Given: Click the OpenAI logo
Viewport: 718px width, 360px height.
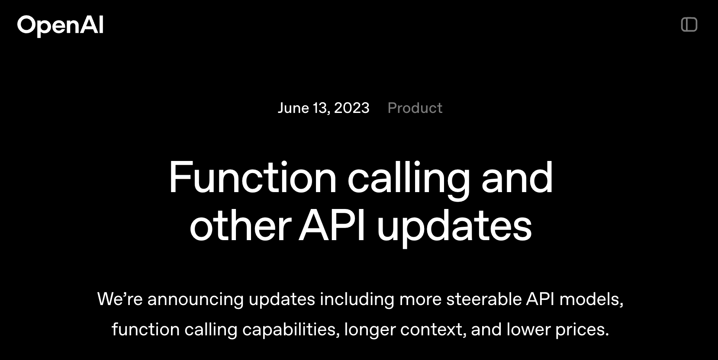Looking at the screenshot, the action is click(60, 26).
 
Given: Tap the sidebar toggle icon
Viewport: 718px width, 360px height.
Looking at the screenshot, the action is click(689, 25).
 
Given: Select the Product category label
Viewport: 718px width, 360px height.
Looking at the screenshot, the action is click(415, 108).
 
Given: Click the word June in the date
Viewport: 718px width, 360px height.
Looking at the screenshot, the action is click(293, 108).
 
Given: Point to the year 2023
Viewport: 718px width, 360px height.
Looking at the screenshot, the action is click(351, 108).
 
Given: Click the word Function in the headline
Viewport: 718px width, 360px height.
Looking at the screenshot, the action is click(253, 177).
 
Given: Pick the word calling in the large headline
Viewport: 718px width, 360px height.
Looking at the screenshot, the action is click(409, 180).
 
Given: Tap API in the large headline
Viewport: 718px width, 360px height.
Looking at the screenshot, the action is click(332, 225).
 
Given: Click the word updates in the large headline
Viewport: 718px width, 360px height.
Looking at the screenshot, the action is click(454, 228).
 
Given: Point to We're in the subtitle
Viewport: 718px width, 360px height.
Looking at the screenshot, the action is click(120, 299).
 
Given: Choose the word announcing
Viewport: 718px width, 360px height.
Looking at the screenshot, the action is click(196, 300).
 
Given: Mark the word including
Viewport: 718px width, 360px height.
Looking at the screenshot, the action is click(357, 299).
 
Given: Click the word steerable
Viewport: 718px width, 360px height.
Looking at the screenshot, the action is click(484, 299).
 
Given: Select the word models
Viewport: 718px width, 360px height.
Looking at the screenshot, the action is click(591, 299).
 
